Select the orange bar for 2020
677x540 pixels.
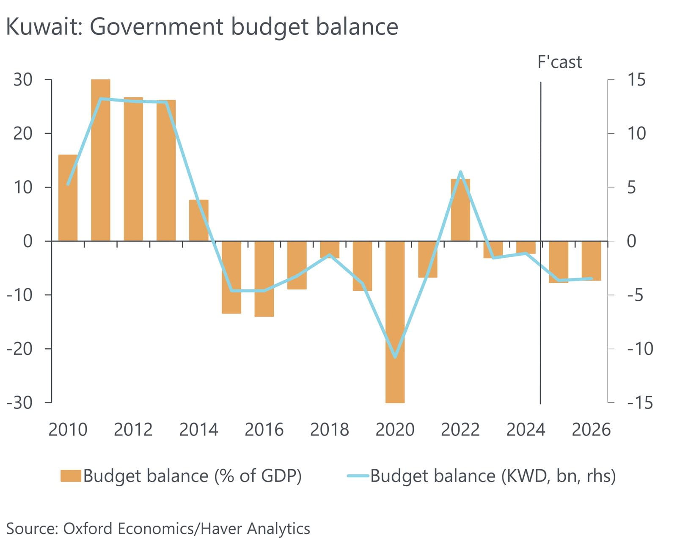395,322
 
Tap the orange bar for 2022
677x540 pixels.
460,210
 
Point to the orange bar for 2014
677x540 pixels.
198,220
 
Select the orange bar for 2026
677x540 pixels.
591,261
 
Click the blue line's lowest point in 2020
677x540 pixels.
395,357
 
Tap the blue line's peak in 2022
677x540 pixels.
460,172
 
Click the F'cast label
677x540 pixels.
559,62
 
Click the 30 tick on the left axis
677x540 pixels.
23,80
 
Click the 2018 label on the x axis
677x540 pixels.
329,430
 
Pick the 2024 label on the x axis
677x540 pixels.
526,430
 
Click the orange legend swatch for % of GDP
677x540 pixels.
70,476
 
